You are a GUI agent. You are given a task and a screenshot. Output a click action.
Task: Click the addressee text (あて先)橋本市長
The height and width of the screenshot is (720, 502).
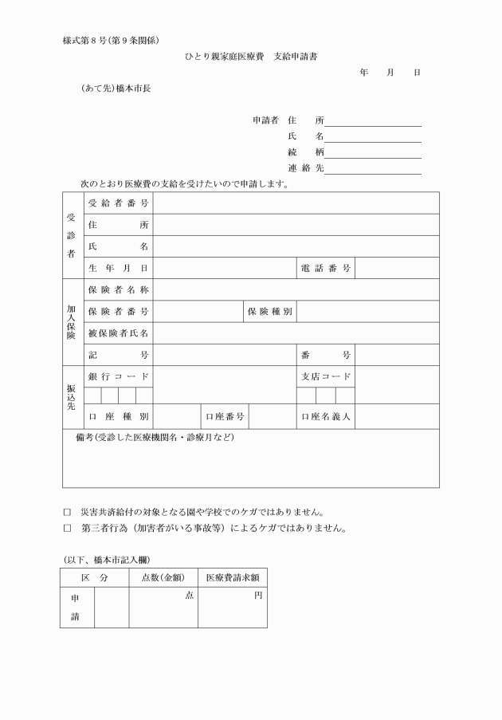(x=116, y=89)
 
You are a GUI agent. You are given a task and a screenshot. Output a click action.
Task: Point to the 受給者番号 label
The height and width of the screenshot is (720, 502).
(x=119, y=203)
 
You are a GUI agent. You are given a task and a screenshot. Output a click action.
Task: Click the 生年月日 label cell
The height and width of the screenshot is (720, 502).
(x=119, y=268)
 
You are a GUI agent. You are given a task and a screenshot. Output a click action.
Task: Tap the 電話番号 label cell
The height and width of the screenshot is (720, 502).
(x=325, y=268)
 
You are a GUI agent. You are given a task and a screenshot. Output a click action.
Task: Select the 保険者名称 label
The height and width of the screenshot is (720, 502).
(x=119, y=289)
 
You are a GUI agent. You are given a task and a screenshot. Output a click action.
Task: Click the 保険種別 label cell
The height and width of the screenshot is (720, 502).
(x=269, y=311)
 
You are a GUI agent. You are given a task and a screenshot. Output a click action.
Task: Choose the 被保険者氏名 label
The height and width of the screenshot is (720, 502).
(x=119, y=332)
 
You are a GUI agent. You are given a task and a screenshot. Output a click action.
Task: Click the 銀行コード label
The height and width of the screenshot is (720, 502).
(x=119, y=376)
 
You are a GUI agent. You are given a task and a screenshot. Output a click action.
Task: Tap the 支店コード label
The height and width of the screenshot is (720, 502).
(x=325, y=376)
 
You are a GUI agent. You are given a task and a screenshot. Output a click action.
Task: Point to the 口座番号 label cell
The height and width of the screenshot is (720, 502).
(x=225, y=416)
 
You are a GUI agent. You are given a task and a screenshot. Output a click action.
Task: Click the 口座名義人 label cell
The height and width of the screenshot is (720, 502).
(x=325, y=416)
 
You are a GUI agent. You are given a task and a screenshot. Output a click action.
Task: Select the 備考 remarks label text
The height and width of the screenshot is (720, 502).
(x=155, y=438)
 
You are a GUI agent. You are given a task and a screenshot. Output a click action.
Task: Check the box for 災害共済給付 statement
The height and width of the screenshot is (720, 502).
(x=67, y=513)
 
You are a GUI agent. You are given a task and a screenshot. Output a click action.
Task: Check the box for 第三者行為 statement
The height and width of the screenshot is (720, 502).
(x=67, y=528)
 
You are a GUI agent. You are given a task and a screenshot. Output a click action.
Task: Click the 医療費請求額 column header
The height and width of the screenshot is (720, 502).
(x=232, y=576)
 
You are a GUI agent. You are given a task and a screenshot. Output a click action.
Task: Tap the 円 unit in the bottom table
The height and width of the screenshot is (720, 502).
(x=258, y=595)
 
